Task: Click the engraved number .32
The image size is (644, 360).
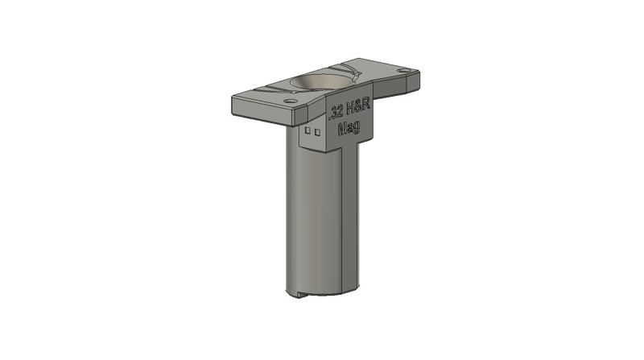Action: coord(336,113)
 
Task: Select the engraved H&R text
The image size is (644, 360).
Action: coord(358,106)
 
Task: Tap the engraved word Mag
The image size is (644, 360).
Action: coord(349,128)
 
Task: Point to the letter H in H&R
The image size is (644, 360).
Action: coord(350,109)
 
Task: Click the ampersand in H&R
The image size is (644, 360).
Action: coord(357,106)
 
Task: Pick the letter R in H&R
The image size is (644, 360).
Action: coord(366,104)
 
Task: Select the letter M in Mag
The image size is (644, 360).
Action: coord(342,130)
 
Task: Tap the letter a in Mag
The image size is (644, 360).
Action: coord(350,128)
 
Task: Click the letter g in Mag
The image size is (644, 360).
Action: coord(357,127)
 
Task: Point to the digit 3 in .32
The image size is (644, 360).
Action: coord(335,113)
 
